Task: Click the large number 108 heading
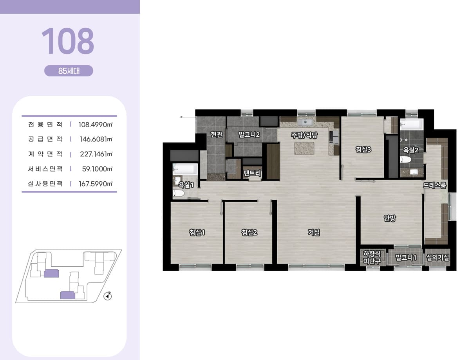[68, 41]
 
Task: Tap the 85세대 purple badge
[69, 71]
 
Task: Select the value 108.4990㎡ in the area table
[96, 125]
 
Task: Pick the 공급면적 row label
[45, 139]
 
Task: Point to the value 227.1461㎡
[96, 154]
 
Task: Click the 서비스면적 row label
[45, 169]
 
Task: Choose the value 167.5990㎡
[96, 184]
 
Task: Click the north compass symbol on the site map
[107, 296]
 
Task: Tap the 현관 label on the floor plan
[217, 134]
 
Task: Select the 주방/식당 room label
[304, 135]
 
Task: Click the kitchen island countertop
[304, 148]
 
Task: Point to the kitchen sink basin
[305, 122]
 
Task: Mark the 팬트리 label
[252, 173]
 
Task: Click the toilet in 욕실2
[405, 160]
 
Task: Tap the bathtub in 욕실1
[185, 169]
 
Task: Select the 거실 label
[314, 232]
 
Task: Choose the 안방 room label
[390, 218]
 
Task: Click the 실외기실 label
[437, 257]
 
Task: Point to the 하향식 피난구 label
[372, 257]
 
